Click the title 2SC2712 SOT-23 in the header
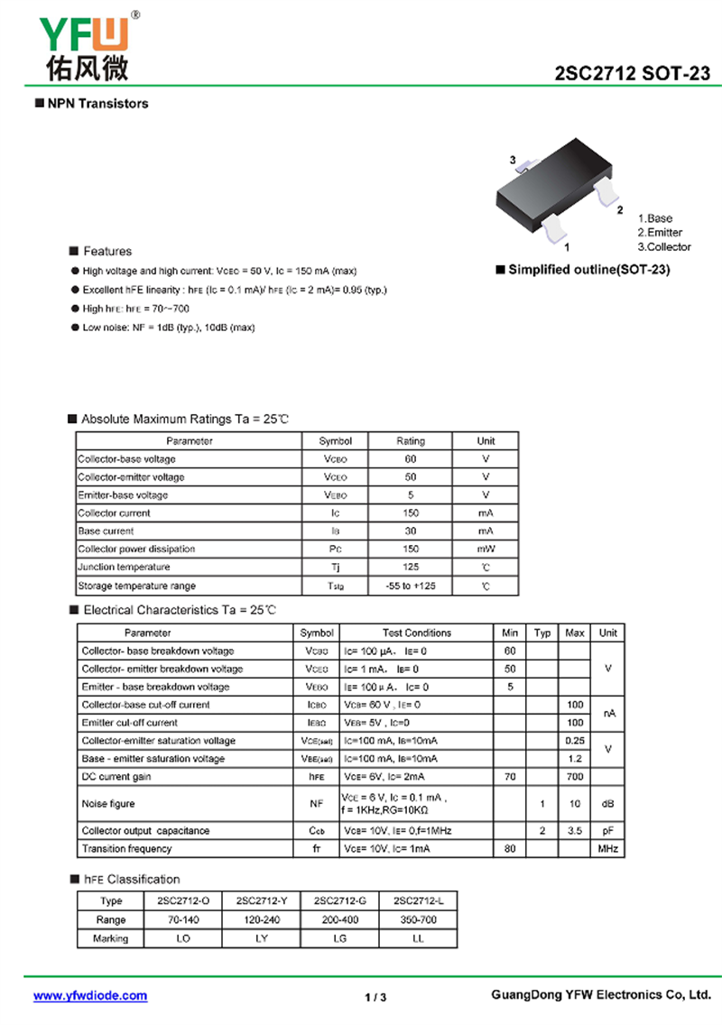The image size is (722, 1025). click(x=633, y=75)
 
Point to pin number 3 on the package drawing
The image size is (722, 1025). click(x=513, y=161)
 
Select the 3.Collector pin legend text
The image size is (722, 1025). click(x=664, y=247)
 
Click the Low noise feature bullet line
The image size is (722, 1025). click(x=168, y=328)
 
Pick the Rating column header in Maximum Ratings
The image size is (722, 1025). click(x=411, y=441)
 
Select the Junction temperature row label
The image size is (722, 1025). click(x=125, y=568)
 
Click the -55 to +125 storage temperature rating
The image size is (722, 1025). click(x=411, y=586)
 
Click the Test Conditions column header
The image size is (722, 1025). click(x=417, y=633)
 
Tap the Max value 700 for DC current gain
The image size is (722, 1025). click(x=574, y=777)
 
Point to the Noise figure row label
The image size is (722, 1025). click(x=108, y=804)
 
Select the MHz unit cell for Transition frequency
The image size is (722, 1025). click(x=608, y=849)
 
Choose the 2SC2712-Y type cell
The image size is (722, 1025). click(x=262, y=900)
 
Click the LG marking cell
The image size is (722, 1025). click(x=340, y=938)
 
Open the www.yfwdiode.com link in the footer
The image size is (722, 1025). click(x=90, y=996)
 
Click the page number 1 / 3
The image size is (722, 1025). click(x=375, y=997)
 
